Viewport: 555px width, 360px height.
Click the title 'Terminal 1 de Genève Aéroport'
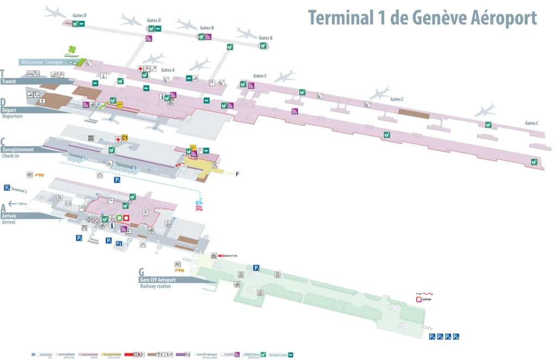pyautogui.click(x=422, y=17)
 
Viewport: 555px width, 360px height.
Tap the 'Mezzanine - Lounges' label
pyautogui.click(x=42, y=62)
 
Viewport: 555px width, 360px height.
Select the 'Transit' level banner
pyautogui.click(x=9, y=81)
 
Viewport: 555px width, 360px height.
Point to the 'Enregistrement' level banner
pyautogui.click(x=18, y=150)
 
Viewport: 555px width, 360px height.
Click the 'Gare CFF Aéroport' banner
pyautogui.click(x=157, y=280)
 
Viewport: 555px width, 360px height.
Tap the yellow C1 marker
pyautogui.click(x=124, y=138)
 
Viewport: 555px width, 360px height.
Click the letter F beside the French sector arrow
pyautogui.click(x=237, y=174)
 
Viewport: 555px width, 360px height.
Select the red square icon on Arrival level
pyautogui.click(x=126, y=218)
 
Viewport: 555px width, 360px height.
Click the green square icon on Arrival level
pyautogui.click(x=119, y=218)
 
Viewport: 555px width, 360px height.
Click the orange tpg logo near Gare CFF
pyautogui.click(x=179, y=269)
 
